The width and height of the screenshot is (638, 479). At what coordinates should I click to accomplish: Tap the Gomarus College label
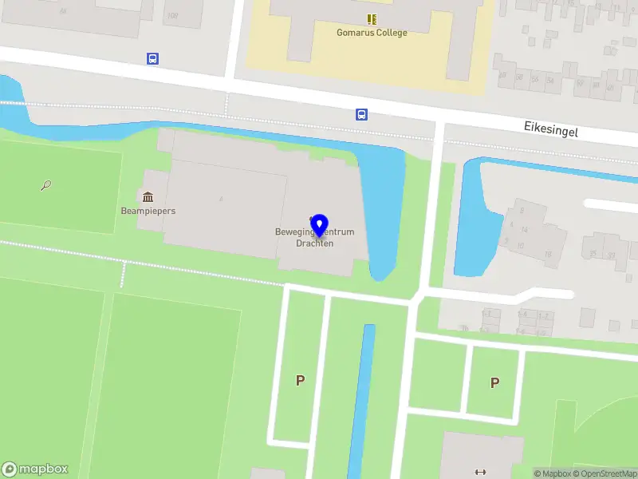coord(372,33)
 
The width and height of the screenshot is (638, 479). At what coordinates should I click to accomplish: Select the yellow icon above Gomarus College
coord(372,18)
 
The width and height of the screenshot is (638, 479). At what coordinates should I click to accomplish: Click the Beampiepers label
coord(148,211)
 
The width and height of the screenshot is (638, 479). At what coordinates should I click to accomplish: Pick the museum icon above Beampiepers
coord(148,196)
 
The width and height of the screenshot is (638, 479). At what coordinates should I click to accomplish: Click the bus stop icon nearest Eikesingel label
coord(361,114)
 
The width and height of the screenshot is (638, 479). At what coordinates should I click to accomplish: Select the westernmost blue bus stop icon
coord(152,58)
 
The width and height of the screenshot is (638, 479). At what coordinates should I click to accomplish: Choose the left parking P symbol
coord(300,381)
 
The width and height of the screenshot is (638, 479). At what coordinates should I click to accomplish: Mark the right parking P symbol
coord(494,382)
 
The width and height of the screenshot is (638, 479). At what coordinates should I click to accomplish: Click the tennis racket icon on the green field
coord(46,186)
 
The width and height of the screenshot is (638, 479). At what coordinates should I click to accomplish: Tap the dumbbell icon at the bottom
coord(480,472)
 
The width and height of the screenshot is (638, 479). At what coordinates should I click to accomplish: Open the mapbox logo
coord(35,469)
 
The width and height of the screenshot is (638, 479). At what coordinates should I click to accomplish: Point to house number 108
coord(172,15)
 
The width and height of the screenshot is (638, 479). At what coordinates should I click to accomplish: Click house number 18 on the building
coord(548,254)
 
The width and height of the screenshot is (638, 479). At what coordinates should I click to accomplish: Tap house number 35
coord(593,255)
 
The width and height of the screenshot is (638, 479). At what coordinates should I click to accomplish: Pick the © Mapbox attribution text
coord(552,473)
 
